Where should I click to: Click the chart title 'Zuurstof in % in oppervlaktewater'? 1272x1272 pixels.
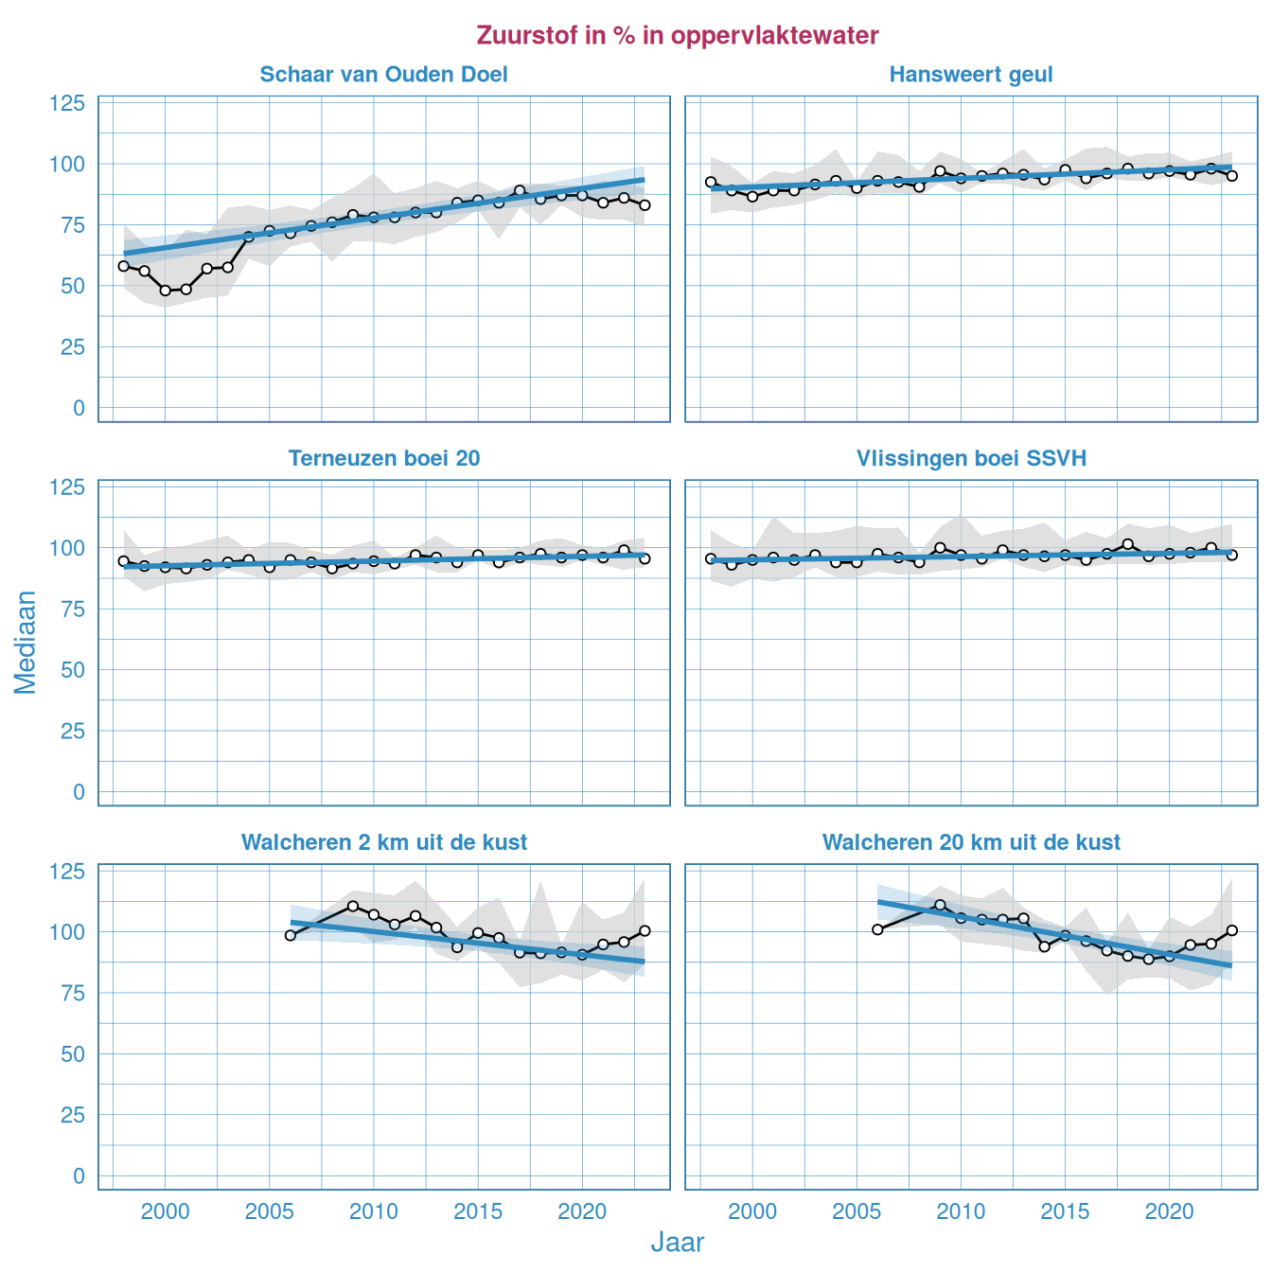pos(678,36)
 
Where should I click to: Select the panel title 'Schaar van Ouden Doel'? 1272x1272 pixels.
pos(383,75)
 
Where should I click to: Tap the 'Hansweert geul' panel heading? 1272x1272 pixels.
pos(970,75)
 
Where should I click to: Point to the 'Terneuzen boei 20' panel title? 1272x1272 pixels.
pos(383,459)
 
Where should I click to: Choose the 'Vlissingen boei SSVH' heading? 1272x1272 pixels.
pos(971,459)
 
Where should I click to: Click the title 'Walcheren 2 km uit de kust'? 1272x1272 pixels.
pos(383,842)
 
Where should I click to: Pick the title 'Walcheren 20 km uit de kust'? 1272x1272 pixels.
pos(971,842)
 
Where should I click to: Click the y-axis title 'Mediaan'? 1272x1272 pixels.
pos(26,642)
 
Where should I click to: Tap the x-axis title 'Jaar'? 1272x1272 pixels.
pos(678,1243)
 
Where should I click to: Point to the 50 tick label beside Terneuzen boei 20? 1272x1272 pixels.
pos(73,670)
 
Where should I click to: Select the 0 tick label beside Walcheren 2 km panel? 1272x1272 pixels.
pos(79,1176)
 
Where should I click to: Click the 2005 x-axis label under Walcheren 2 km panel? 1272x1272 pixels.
pos(269,1212)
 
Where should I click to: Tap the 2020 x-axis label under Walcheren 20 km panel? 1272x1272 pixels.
pos(1169,1212)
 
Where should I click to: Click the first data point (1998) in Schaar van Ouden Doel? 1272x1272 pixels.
pos(123,266)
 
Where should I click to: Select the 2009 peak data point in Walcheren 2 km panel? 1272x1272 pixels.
pos(353,906)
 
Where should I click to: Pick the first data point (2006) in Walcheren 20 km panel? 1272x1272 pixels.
pos(877,929)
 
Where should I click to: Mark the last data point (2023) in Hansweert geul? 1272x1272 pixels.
pos(1231,176)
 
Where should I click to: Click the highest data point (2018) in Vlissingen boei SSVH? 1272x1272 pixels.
pos(1127,544)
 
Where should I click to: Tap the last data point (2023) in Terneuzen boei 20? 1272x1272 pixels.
pos(645,558)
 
